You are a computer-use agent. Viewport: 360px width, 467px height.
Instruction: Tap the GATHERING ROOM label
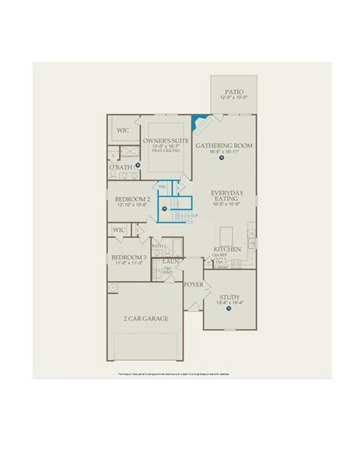224,146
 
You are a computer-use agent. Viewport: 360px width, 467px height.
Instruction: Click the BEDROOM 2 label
132,200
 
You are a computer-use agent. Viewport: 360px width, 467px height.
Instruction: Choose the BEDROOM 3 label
128,257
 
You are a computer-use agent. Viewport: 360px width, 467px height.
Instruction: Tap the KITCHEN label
227,249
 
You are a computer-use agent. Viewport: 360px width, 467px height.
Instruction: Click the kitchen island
226,234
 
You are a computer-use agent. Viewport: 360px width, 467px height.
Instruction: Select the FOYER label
194,285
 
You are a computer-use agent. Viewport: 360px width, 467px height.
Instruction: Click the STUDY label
229,296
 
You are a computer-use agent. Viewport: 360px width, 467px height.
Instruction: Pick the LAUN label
170,262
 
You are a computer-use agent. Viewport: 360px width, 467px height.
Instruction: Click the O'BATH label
121,167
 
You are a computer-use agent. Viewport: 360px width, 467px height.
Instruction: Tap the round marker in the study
229,309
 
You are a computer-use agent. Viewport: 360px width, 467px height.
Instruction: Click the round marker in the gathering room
221,159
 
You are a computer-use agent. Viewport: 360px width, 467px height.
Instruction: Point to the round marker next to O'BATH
137,165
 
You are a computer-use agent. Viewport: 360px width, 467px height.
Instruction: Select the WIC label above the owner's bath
122,129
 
